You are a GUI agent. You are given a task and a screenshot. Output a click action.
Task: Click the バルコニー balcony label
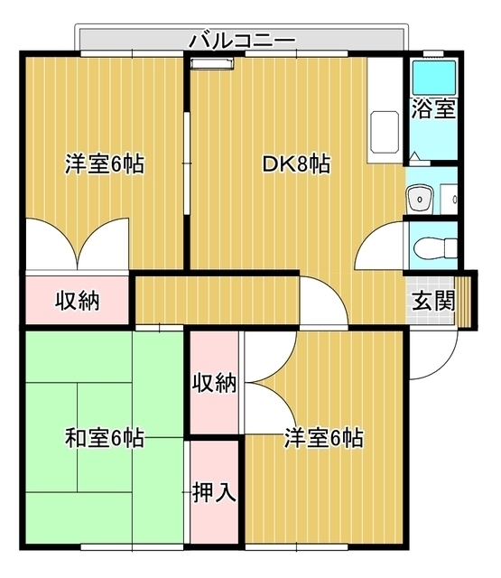(242, 41)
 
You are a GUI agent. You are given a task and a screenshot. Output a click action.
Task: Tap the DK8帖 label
(295, 164)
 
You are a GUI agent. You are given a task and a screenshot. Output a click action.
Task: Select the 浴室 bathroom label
(432, 110)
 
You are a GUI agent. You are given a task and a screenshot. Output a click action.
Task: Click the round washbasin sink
(418, 196)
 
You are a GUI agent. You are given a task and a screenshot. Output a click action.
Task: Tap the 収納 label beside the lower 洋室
(215, 383)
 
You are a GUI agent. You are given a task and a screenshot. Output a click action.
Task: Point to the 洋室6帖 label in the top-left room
(104, 164)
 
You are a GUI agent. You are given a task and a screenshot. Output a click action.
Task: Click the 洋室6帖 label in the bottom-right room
(324, 439)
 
